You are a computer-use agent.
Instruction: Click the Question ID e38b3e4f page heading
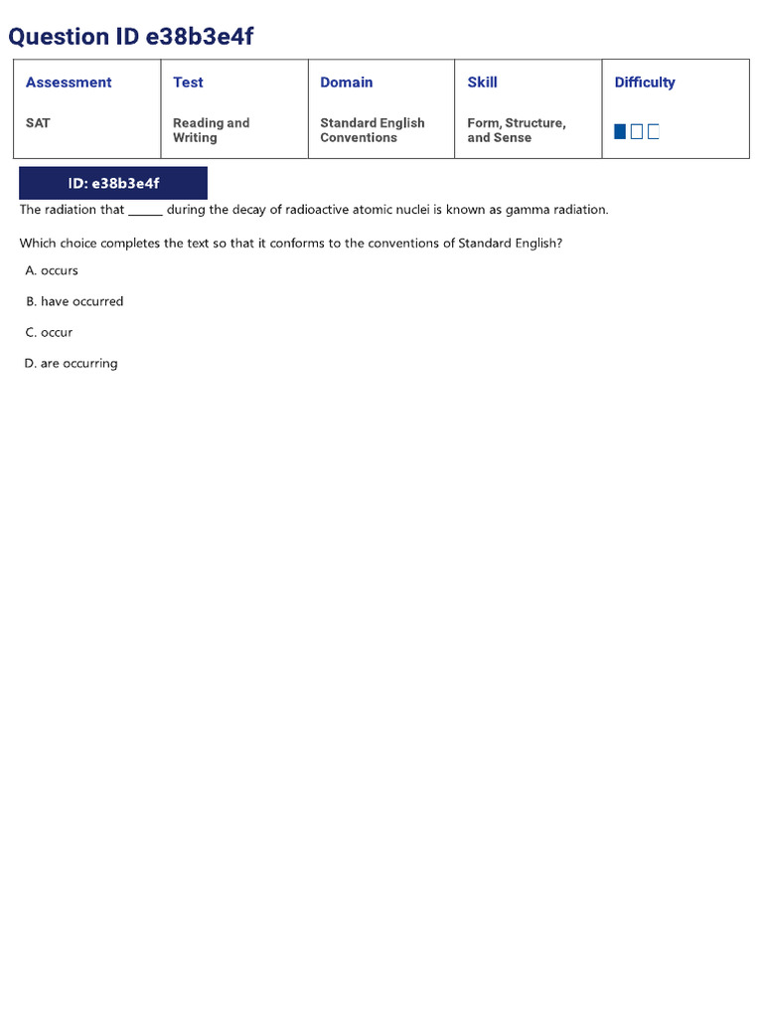131,37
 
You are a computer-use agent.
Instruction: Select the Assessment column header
69,83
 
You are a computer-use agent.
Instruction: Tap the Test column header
188,83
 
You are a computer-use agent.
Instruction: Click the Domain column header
347,83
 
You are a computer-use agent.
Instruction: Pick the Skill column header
482,83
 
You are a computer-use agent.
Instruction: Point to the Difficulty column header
645,83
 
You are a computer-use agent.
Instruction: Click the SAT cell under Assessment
38,123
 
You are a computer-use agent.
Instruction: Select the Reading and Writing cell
211,130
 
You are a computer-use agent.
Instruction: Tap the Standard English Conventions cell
372,130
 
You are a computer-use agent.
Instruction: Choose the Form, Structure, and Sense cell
516,130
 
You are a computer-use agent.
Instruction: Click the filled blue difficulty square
620,131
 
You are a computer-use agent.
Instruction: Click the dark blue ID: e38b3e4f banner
113,183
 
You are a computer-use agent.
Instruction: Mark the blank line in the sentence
145,211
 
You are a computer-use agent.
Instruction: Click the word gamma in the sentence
528,210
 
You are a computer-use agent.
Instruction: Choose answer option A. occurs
53,270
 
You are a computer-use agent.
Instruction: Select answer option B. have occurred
76,301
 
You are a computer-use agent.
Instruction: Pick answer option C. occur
50,332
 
